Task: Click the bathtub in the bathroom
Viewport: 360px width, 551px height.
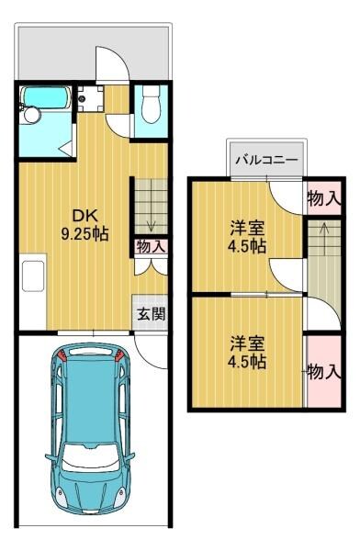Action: (46, 98)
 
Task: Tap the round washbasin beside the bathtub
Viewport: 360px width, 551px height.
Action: (30, 116)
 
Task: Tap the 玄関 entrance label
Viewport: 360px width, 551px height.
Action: (152, 313)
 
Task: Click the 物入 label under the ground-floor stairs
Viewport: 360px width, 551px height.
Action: (151, 246)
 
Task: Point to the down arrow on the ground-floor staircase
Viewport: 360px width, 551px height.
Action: (151, 220)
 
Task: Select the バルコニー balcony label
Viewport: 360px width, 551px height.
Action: (265, 159)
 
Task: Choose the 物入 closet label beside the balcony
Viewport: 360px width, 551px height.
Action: (323, 197)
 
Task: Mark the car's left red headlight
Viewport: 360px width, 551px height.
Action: (62, 355)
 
